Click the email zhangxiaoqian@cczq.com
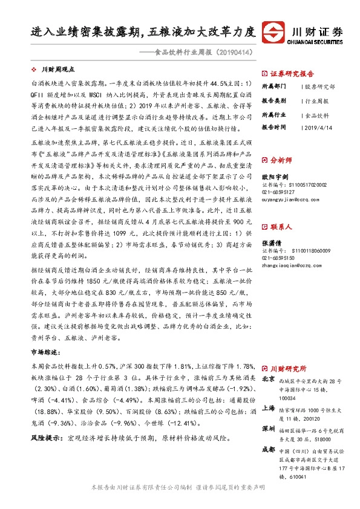(288, 264)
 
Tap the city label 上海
(268, 408)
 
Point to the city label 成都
(268, 450)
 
